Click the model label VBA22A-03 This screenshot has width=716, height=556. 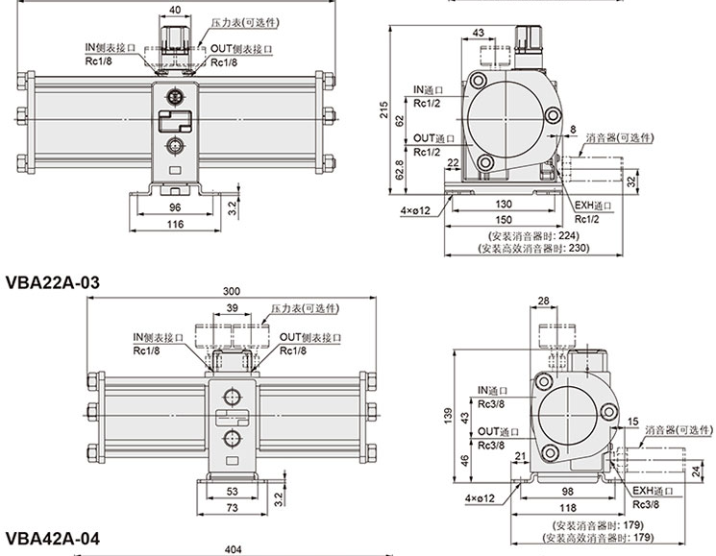click(x=53, y=282)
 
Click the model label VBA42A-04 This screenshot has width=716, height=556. click(x=53, y=539)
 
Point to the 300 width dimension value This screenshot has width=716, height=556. click(x=232, y=291)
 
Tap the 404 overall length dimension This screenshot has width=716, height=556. click(x=232, y=550)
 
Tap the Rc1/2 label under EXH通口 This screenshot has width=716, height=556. click(x=587, y=219)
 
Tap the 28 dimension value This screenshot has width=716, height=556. click(x=544, y=302)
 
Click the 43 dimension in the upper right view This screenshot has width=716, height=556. click(x=480, y=35)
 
